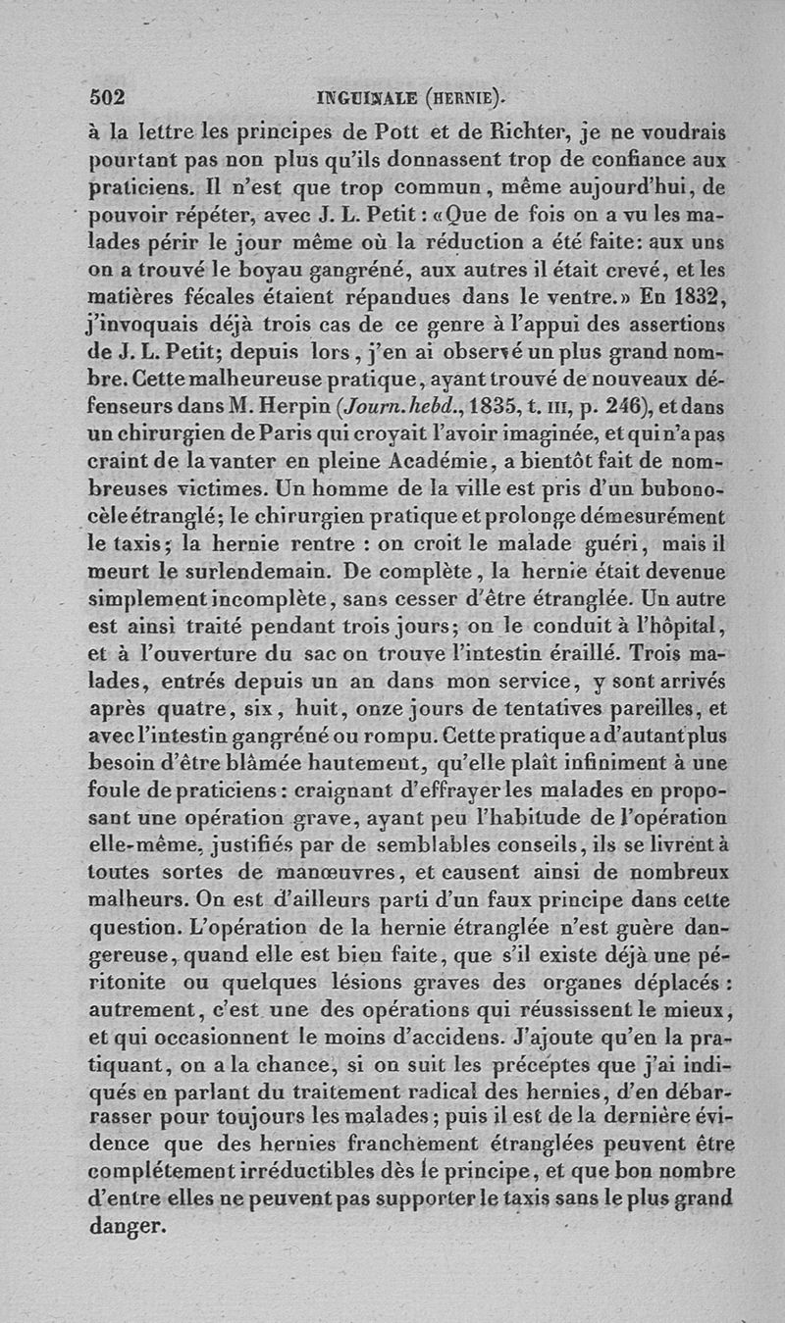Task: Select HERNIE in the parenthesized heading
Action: (x=469, y=96)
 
